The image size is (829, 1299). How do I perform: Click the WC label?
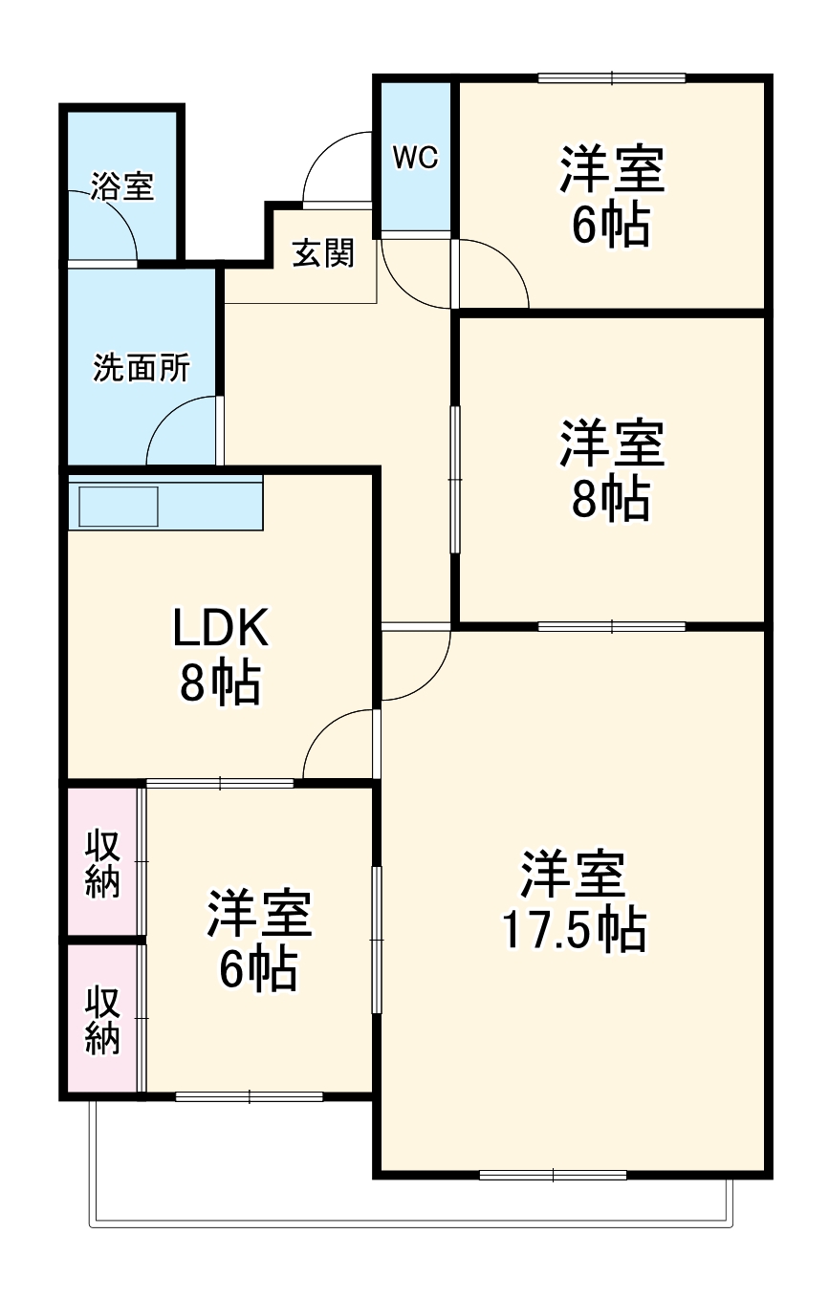pos(416,158)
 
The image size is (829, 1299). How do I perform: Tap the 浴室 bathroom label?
pos(122,186)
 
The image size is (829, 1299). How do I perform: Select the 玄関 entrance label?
pos(323,253)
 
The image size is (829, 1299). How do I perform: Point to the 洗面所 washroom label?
pos(141,368)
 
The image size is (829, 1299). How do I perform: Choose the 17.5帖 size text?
pos(575,930)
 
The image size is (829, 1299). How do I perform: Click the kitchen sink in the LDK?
pos(119,506)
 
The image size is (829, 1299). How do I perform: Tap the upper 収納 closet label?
pos(103,863)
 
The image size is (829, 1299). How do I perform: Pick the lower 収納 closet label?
pos(103,1020)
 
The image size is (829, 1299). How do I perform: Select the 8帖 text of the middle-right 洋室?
pos(611,498)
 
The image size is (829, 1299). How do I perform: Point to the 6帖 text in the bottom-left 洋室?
pos(258,969)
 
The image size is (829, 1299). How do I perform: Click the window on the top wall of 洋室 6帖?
pos(612,78)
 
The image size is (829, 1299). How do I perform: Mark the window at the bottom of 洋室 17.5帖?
pos(553,1174)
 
